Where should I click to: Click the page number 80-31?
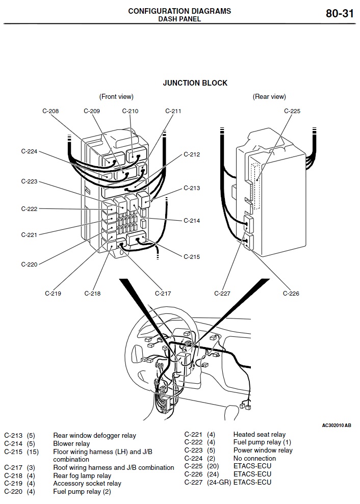click(340, 14)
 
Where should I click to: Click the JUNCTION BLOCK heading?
click(195, 83)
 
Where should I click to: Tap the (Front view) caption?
click(116, 96)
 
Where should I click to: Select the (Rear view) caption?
click(269, 96)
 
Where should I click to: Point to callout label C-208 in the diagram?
click(50, 111)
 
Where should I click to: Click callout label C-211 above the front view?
click(173, 111)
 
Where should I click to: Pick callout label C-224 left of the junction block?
click(29, 151)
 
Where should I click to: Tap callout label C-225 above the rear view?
click(292, 111)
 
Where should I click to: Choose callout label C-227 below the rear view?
click(222, 293)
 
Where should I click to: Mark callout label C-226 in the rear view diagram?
click(291, 293)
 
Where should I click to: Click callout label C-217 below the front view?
click(163, 293)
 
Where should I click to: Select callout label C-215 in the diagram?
click(192, 257)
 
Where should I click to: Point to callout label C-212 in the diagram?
click(192, 154)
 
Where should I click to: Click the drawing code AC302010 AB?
click(337, 425)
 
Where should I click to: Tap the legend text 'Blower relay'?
click(71, 444)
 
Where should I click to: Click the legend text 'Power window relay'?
click(263, 450)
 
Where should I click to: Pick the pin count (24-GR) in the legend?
click(219, 482)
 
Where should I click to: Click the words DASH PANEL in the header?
click(179, 19)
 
